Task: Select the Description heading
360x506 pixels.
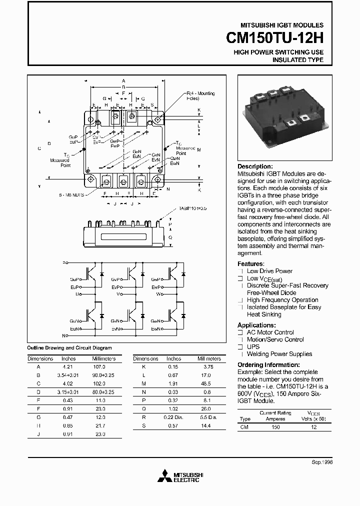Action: (x=255, y=166)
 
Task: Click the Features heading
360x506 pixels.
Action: (x=250, y=263)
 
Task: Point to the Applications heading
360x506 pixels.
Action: (x=256, y=325)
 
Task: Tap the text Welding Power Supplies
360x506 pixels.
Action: (x=279, y=354)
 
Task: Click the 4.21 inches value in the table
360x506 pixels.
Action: (x=67, y=366)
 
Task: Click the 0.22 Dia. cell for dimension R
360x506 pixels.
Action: (x=173, y=417)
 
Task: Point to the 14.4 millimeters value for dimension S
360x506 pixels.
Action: (x=210, y=425)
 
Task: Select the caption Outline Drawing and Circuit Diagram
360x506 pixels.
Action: (x=69, y=348)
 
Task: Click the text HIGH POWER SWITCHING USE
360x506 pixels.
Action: (x=279, y=52)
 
